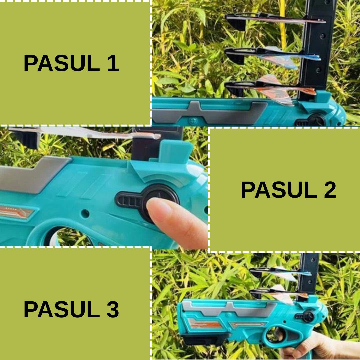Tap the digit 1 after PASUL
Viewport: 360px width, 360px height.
113,63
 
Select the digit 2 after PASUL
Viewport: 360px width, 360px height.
330,190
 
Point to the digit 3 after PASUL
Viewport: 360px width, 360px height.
113,309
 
